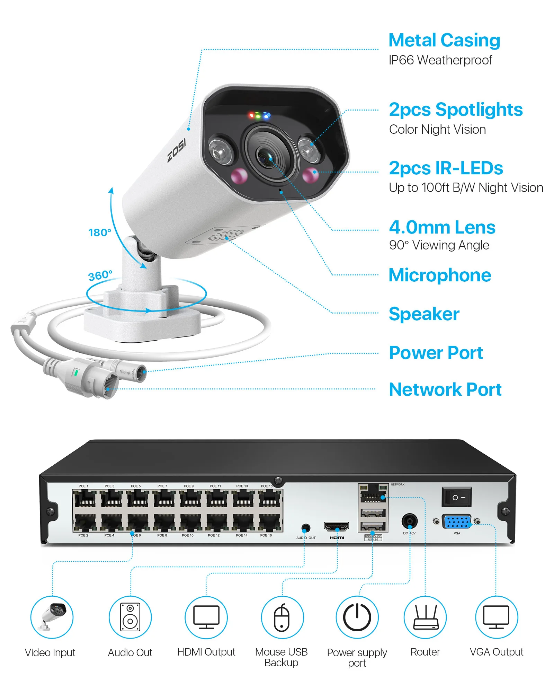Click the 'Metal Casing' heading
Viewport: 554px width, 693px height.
pos(444,40)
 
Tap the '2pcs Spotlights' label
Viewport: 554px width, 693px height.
pos(456,109)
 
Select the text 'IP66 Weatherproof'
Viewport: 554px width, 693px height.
pos(440,60)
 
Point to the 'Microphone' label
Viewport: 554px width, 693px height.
pos(440,275)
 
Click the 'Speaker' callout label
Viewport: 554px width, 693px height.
pos(424,314)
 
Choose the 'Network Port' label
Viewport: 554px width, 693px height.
pos(445,389)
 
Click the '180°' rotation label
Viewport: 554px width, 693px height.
pos(100,232)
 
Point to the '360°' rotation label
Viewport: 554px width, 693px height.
pos(100,276)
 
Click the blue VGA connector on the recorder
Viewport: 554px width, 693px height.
pos(457,521)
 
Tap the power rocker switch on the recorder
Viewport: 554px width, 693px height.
pos(456,497)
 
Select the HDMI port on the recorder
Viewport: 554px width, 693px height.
pos(336,527)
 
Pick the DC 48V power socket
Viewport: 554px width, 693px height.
pos(409,521)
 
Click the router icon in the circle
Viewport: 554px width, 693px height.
pos(425,617)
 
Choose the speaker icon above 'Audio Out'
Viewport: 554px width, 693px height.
pos(130,617)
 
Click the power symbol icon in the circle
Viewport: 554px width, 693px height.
pos(357,617)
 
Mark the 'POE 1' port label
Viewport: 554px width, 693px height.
pos(83,486)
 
